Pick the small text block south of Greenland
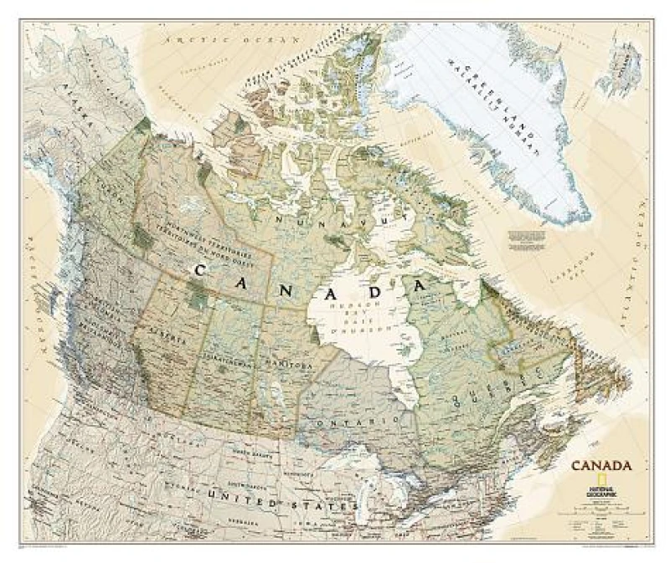tap(528, 238)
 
